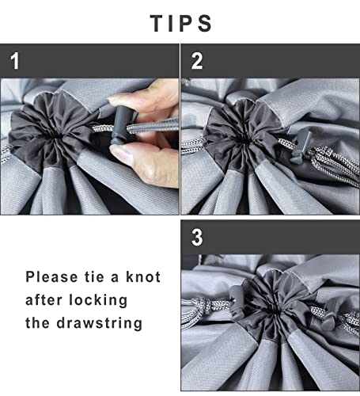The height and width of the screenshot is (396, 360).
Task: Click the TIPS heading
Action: [x=181, y=24]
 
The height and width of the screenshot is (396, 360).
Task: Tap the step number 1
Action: [x=15, y=61]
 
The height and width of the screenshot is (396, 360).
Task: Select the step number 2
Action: [x=197, y=61]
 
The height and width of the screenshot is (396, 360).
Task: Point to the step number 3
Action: [x=197, y=238]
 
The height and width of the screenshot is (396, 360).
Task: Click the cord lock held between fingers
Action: [x=123, y=125]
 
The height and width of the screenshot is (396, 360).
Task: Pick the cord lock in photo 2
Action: [x=301, y=146]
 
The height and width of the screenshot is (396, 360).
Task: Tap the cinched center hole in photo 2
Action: [x=245, y=139]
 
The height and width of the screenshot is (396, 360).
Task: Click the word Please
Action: [x=51, y=277]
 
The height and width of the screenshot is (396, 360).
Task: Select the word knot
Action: [x=143, y=277]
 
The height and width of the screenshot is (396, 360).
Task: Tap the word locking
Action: [x=98, y=301]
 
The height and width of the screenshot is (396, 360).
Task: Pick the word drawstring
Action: [x=100, y=323]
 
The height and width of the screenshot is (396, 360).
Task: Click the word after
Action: [x=44, y=300]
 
